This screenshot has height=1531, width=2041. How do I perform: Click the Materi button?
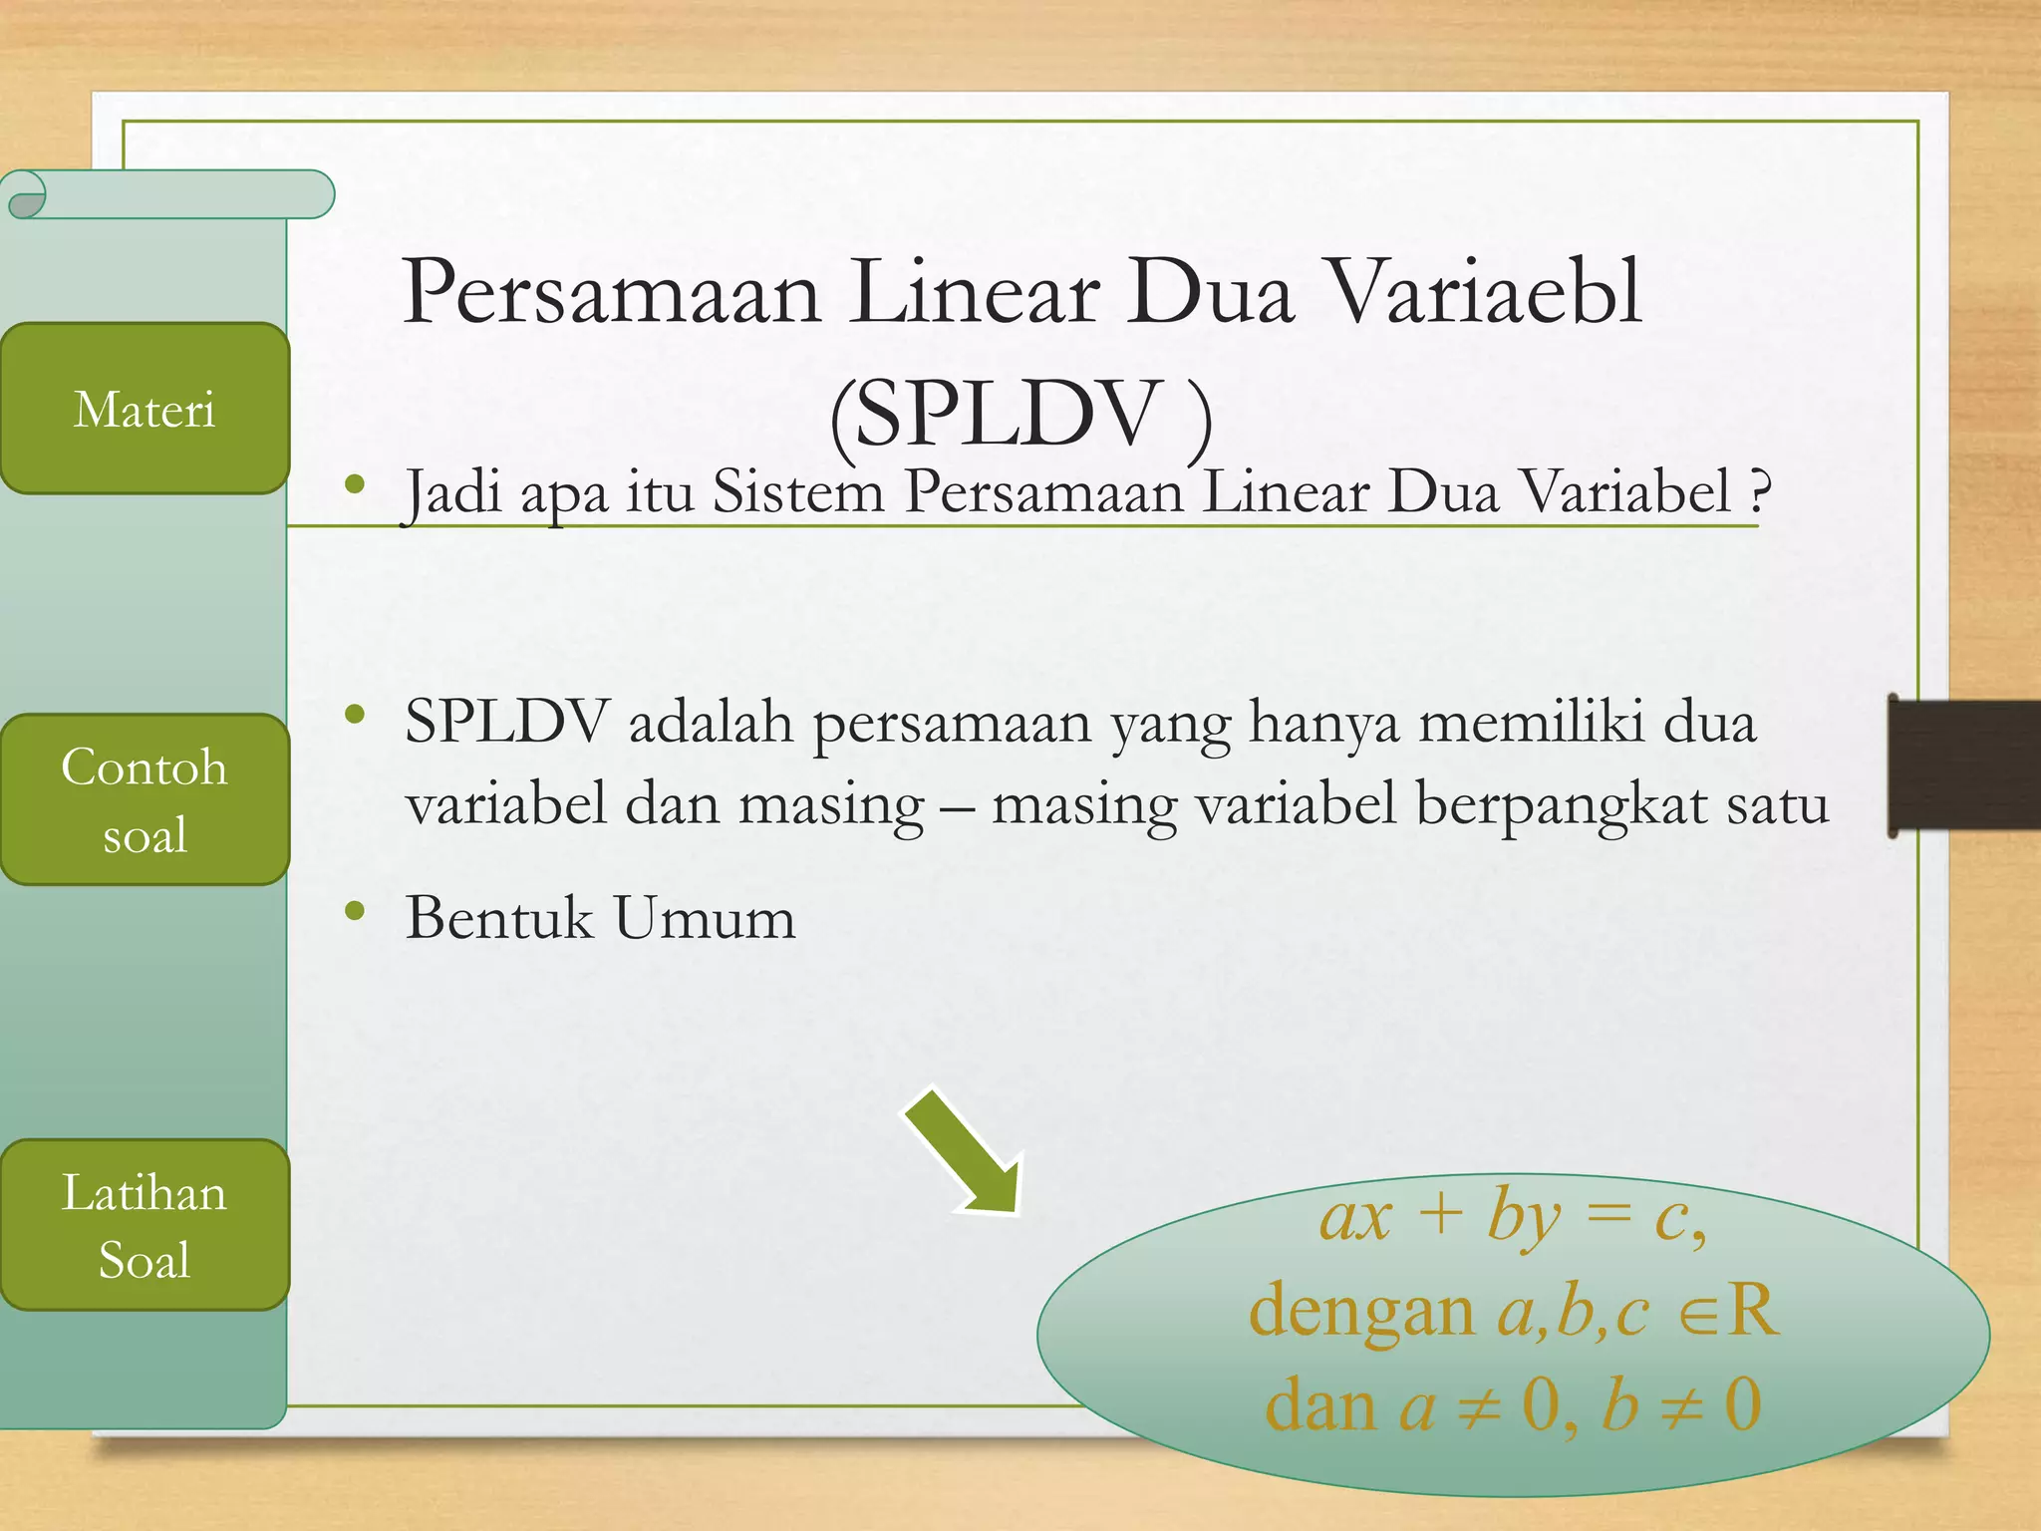(145, 409)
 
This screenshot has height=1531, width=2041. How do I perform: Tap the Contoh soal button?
(145, 799)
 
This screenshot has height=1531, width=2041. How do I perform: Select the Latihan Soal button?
(145, 1225)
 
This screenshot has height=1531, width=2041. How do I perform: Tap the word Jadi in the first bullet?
(451, 492)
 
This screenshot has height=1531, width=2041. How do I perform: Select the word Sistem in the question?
(798, 491)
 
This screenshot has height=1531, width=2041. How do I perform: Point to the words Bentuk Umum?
(600, 918)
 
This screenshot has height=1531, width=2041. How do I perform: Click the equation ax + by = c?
(1511, 1218)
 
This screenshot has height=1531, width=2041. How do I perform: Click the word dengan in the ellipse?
(1361, 1312)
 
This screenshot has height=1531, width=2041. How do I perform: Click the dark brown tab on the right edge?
(1964, 765)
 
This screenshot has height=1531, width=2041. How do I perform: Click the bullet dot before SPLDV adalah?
(355, 715)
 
